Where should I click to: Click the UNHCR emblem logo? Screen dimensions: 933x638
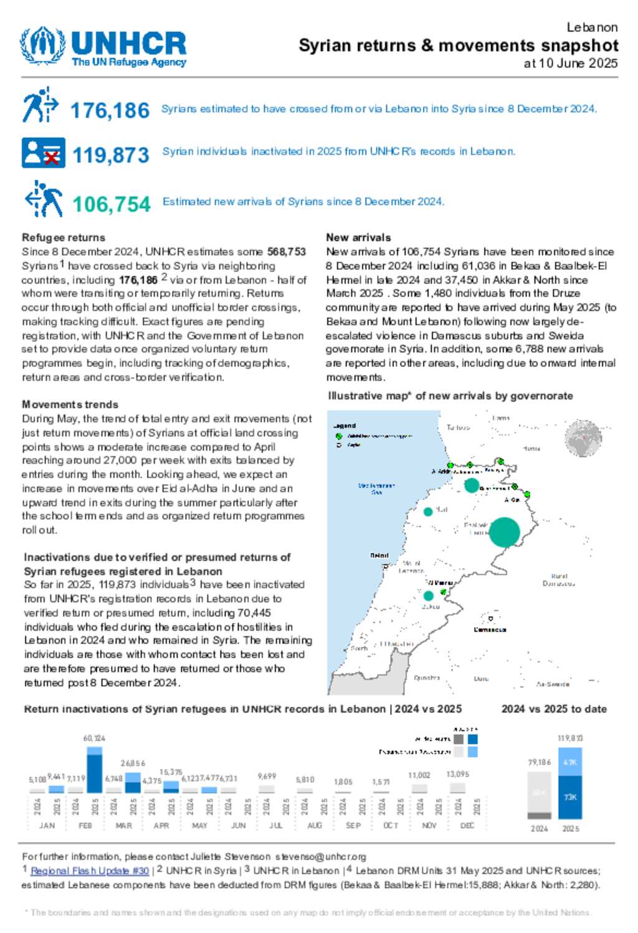42,45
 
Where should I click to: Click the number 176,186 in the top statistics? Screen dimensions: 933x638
110,110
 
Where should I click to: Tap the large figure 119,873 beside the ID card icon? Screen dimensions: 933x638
111,155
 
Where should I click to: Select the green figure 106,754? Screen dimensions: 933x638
112,204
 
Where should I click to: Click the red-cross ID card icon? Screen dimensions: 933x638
43,153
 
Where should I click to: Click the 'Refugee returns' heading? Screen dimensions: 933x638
64,237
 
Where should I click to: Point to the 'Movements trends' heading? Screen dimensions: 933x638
70,404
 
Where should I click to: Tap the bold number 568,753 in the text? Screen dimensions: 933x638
287,252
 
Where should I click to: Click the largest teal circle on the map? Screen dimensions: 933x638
505,532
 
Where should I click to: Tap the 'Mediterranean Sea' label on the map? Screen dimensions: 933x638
376,489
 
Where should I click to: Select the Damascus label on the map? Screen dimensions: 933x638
490,629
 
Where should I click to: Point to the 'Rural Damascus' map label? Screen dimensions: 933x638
559,580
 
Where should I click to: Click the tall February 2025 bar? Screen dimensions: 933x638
95,773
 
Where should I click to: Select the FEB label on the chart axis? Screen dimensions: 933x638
85,825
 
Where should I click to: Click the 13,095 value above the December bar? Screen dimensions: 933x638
457,774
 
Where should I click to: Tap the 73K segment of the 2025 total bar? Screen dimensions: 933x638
570,797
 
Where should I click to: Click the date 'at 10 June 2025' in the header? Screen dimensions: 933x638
571,63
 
